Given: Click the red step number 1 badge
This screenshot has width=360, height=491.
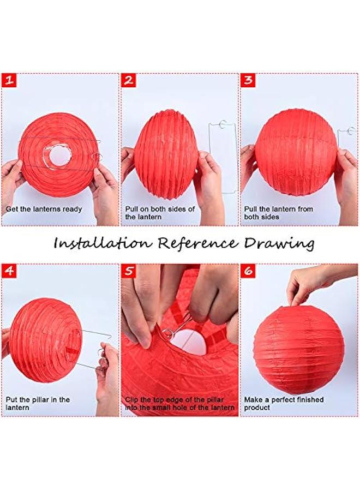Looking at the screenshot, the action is [x=9, y=81].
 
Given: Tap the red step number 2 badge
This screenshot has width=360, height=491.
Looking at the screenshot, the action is [x=129, y=81].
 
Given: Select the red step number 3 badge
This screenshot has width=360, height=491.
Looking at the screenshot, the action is [x=248, y=81].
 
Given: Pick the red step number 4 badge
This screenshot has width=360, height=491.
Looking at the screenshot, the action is [x=9, y=271].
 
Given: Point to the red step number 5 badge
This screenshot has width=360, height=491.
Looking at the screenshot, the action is [x=129, y=271].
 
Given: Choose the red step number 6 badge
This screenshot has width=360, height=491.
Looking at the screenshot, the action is [x=248, y=271].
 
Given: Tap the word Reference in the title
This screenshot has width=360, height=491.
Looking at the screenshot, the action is [x=197, y=243].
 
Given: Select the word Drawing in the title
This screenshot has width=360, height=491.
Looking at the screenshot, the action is [x=279, y=244].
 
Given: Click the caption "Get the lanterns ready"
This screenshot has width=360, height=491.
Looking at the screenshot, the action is [x=44, y=209].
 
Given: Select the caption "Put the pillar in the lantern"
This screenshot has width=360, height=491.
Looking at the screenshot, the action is [x=38, y=404].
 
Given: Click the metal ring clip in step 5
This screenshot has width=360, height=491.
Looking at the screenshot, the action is [x=166, y=333].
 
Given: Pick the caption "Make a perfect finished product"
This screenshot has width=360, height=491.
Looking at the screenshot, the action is [x=284, y=404].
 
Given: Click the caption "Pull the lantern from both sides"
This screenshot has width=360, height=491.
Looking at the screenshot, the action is [x=278, y=213].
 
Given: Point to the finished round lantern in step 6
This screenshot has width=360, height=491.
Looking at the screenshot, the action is [x=299, y=350].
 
